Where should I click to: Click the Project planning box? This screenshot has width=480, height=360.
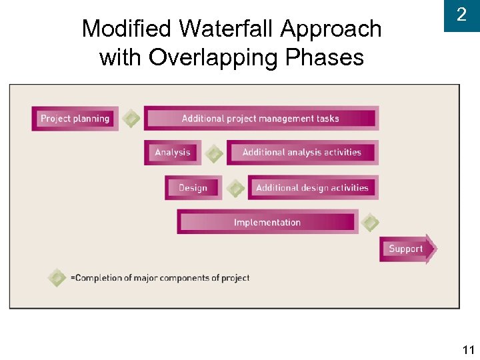tap(75, 119)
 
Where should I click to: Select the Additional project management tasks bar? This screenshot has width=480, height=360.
tap(261, 119)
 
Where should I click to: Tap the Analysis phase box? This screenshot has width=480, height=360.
tap(173, 153)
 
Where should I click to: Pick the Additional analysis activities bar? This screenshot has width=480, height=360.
tap(302, 153)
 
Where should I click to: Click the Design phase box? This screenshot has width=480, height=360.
tap(193, 188)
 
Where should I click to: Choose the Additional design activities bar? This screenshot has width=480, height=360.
tap(313, 188)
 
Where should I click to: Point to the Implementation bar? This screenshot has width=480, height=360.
tap(267, 223)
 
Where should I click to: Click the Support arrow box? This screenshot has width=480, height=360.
tap(407, 249)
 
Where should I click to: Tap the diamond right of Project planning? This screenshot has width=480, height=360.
tap(132, 119)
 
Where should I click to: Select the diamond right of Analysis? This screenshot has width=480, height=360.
tap(214, 154)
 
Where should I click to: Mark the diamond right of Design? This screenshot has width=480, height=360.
tap(235, 189)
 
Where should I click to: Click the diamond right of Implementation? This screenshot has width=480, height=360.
tap(370, 223)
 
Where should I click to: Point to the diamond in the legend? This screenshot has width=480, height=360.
tap(57, 277)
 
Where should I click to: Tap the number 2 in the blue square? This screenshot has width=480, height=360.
tap(461, 15)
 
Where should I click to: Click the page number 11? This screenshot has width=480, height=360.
tap(467, 349)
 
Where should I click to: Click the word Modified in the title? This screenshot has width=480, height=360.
tap(127, 29)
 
